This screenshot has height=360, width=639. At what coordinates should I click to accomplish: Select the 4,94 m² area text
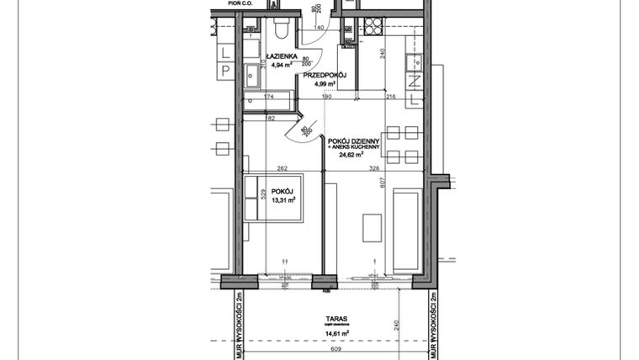pos(268,64)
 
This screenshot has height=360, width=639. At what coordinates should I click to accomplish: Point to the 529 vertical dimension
pos(263,197)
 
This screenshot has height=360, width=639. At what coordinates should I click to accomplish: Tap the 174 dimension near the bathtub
pos(269,98)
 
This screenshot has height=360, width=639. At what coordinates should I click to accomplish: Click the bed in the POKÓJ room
pos(273,199)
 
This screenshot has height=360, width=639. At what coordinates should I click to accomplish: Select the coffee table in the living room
pos(372,227)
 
